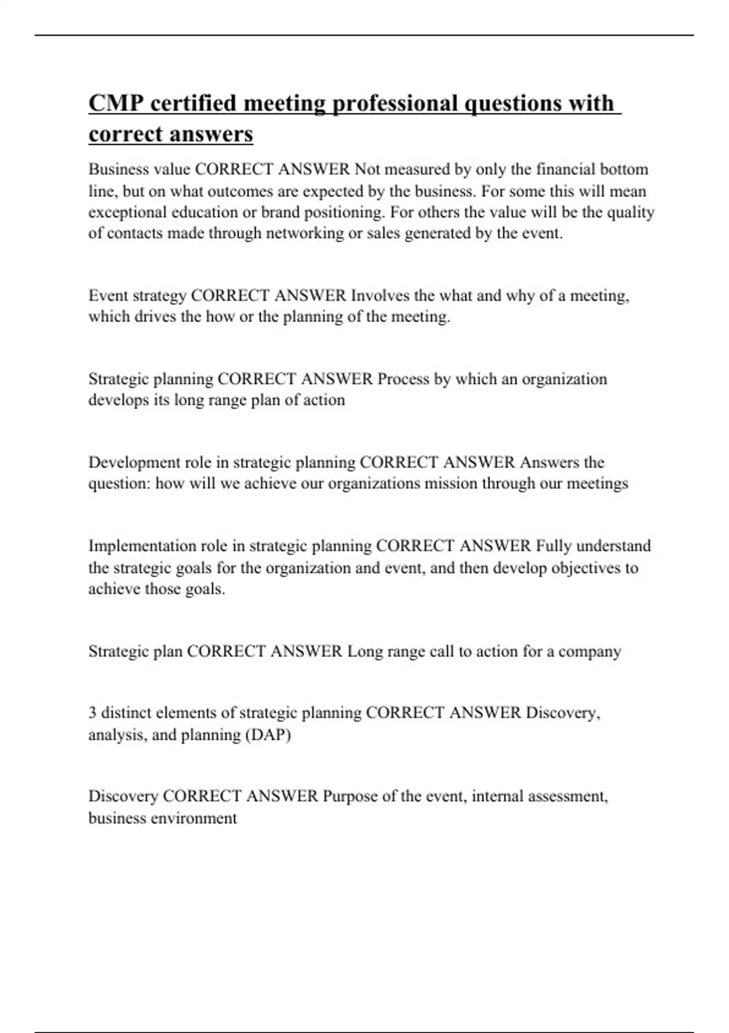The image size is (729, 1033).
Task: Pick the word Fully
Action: point(553,546)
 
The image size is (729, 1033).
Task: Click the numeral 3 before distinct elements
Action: point(92,713)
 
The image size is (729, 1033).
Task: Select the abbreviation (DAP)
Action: point(268,735)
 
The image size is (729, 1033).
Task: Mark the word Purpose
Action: point(350,796)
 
